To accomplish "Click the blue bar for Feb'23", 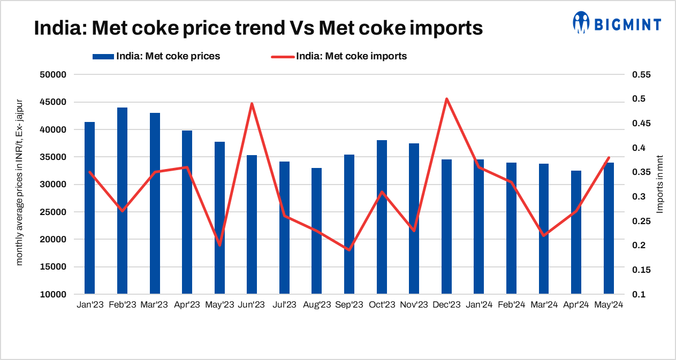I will (x=122, y=201).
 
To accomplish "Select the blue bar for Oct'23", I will (x=382, y=217).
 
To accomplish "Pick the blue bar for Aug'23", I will (x=317, y=231).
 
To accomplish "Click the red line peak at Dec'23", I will (x=446, y=99).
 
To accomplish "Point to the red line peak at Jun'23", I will (x=252, y=104).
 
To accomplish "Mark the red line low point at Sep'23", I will (x=349, y=250).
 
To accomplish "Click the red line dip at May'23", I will (x=219, y=245).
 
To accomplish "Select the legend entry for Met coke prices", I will (x=168, y=56).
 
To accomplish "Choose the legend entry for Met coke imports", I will (x=351, y=56).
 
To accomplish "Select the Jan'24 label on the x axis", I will (x=478, y=305).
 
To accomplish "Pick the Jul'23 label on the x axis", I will (x=284, y=305).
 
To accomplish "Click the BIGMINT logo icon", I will (x=581, y=22).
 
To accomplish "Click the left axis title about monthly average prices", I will (x=20, y=182).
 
